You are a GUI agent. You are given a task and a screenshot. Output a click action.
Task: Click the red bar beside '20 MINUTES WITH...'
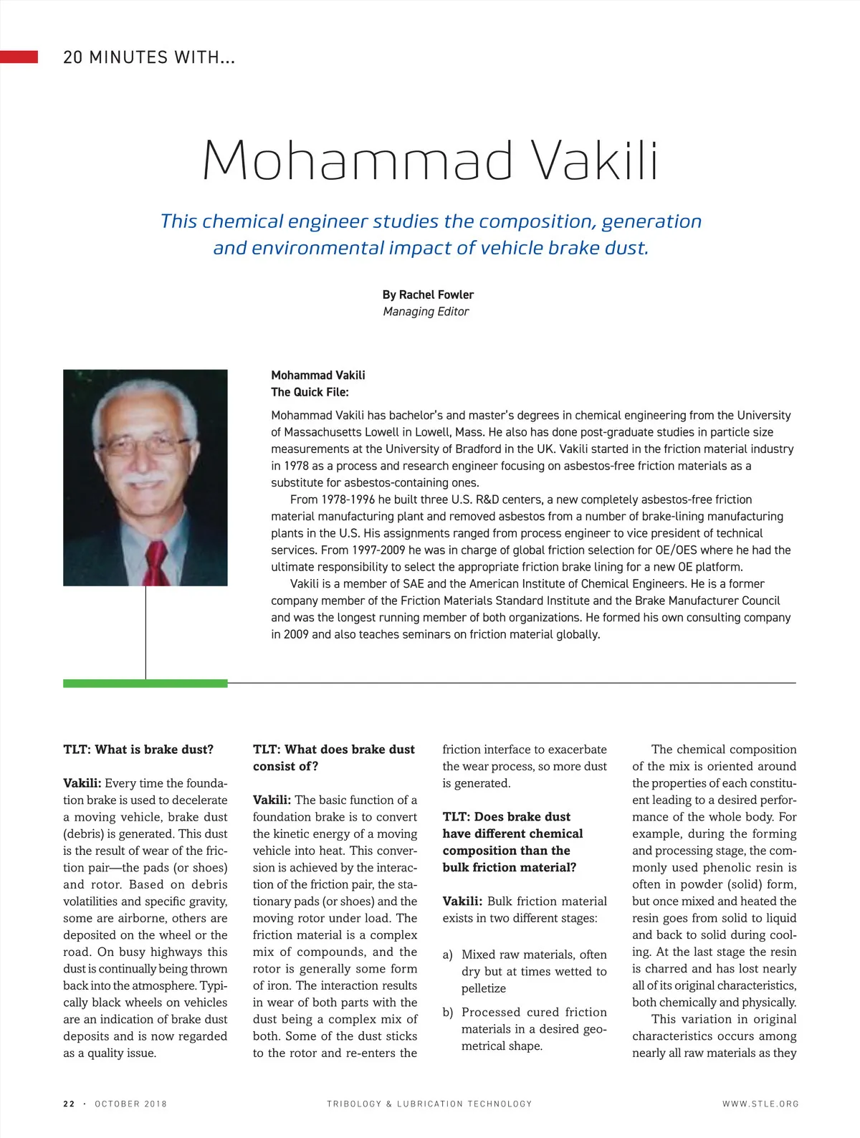click(19, 57)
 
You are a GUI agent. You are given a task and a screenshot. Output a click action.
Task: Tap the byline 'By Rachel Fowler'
click(428, 295)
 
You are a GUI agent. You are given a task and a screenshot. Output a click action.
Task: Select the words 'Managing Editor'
click(426, 312)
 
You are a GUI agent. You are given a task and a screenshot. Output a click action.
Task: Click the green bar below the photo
click(145, 684)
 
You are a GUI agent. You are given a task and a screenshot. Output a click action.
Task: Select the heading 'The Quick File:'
click(310, 392)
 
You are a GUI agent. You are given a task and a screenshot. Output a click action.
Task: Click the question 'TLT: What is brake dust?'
click(138, 750)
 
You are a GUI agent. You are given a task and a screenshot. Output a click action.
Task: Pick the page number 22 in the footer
click(69, 1104)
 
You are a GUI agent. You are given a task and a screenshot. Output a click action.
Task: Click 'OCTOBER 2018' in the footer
click(130, 1104)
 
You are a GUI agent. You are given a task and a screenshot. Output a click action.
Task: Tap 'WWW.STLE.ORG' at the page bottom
click(760, 1104)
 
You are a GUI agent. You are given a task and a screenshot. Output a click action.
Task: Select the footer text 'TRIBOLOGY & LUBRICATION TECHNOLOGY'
click(429, 1104)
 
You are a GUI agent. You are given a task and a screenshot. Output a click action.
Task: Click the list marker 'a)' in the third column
click(448, 955)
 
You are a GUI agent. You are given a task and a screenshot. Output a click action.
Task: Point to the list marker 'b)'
click(448, 1012)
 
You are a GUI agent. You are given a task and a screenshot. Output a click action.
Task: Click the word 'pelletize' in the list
click(484, 988)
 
